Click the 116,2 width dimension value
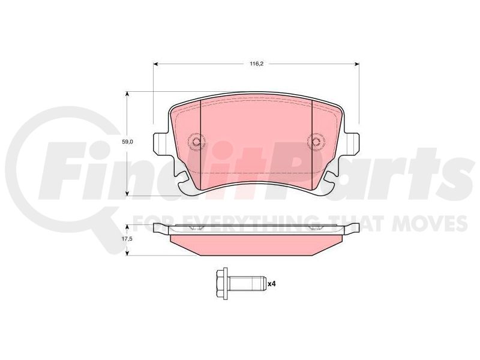click(x=257, y=64)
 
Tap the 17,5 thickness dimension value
click(x=128, y=239)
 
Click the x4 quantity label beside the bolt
click(x=272, y=284)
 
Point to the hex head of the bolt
click(x=221, y=284)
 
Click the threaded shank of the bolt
click(x=247, y=284)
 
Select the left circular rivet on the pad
click(x=196, y=142)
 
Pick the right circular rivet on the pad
click(x=316, y=141)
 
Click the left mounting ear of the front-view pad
click(x=160, y=143)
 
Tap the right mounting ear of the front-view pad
click(x=352, y=143)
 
